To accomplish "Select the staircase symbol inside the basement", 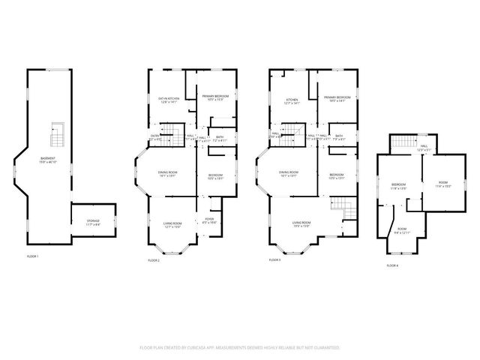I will pos(55,136).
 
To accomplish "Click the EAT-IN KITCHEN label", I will pos(169,99).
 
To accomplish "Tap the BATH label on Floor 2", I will pos(220,138).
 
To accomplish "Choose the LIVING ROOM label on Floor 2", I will pos(172,223).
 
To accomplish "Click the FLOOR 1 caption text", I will pos(32,256).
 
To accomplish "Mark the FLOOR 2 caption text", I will pos(154,259).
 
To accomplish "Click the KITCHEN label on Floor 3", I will pos(292,99).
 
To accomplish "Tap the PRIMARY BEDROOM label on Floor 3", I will pos(337,98).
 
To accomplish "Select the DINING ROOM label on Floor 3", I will pos(289,173).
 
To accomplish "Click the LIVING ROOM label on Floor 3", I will pos(301,223).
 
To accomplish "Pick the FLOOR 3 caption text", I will pos(275,259).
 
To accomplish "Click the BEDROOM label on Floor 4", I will pos(398,185).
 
